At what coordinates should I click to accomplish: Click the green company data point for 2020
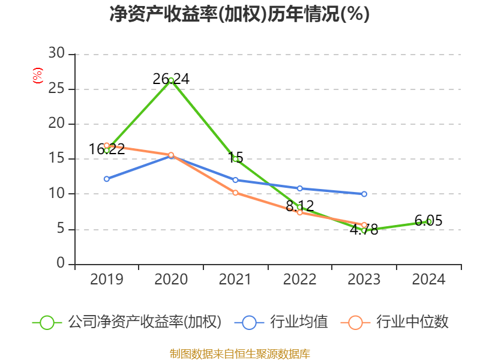(x=171, y=80)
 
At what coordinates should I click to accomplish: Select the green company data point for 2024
(x=428, y=221)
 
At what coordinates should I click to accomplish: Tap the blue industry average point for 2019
(x=107, y=179)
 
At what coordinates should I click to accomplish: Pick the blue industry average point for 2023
(x=364, y=194)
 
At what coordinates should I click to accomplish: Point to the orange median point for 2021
(x=235, y=193)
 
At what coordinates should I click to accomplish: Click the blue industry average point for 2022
(x=300, y=188)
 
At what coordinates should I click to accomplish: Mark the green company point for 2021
(x=235, y=159)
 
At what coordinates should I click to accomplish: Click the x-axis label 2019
(x=107, y=280)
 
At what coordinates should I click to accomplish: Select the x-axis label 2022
(x=300, y=280)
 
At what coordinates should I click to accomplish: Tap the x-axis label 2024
(x=428, y=280)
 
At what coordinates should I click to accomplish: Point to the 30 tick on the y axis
(x=56, y=54)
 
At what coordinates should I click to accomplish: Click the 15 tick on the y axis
(x=56, y=159)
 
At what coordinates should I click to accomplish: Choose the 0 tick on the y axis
(x=61, y=263)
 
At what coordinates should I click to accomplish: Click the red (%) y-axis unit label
(x=37, y=76)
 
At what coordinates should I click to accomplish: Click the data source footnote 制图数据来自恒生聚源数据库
(x=239, y=353)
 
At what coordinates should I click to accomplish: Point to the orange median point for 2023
(x=364, y=225)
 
